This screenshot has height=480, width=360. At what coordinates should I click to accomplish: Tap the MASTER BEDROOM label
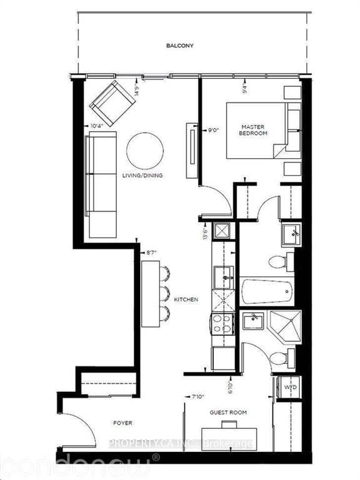(x=254, y=130)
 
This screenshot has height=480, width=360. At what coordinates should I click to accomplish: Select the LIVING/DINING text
(x=143, y=176)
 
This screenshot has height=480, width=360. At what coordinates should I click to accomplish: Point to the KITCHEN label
(x=186, y=300)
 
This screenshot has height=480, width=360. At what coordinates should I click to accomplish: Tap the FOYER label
(x=123, y=423)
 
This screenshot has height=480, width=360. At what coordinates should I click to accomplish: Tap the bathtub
(x=267, y=291)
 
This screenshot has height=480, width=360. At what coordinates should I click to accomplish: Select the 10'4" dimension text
(x=97, y=126)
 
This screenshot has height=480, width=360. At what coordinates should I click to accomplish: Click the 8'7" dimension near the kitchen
(x=151, y=253)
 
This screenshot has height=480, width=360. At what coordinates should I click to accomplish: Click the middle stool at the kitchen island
(x=164, y=292)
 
